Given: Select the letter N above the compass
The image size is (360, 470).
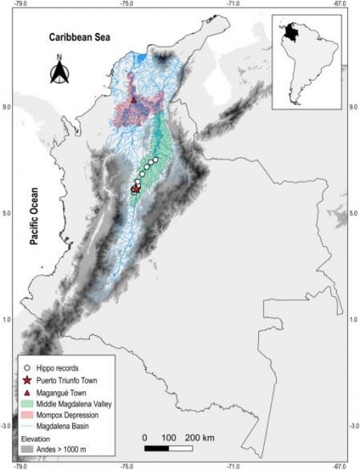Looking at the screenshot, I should pyautogui.click(x=60, y=57).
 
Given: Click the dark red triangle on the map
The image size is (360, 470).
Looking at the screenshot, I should pyautogui.click(x=133, y=100).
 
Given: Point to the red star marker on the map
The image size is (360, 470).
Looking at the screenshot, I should pyautogui.click(x=136, y=189).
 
